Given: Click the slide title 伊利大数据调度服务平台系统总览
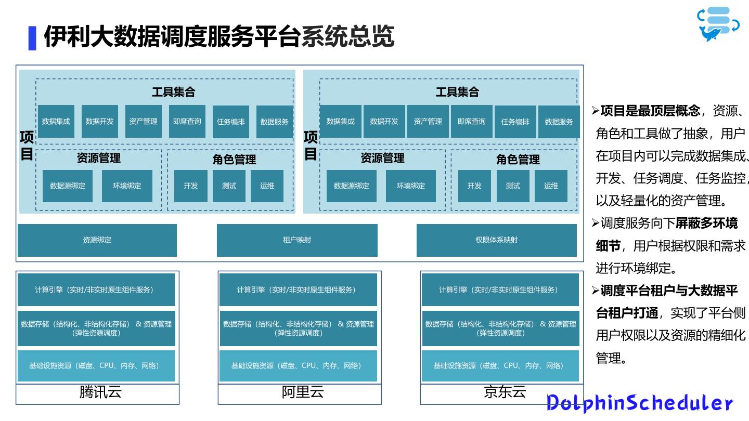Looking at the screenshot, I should [218, 37].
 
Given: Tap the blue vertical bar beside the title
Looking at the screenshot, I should [32, 38].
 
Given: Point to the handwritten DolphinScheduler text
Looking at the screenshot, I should [639, 403].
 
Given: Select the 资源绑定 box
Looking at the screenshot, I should [97, 240].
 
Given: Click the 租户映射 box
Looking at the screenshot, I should [297, 240].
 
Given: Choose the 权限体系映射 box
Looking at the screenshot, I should [496, 240].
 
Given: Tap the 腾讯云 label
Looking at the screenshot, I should [100, 392].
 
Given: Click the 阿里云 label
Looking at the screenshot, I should [303, 392].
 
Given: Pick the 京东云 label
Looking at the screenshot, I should [505, 392].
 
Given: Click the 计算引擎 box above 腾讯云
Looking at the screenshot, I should [96, 290].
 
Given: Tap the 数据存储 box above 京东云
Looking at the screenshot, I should [500, 328].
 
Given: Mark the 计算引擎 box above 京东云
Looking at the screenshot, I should [500, 290].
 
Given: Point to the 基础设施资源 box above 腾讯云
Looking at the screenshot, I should [96, 366].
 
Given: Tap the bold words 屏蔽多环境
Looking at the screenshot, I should [706, 223].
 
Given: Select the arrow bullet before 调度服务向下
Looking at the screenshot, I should [596, 223].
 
